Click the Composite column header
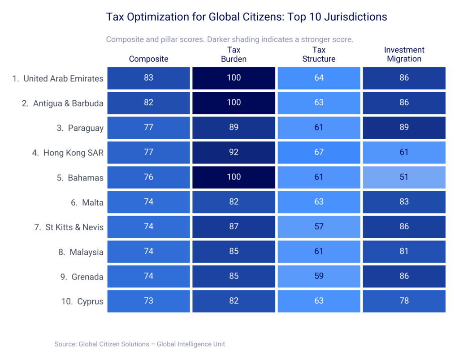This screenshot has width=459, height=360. (148, 59)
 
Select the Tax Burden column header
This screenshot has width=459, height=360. (234, 54)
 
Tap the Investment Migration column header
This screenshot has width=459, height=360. (404, 54)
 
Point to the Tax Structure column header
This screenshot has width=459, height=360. (319, 54)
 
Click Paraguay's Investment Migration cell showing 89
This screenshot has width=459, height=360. (404, 128)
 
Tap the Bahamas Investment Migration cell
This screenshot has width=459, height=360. (404, 177)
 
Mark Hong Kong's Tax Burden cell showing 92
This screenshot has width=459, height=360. (234, 153)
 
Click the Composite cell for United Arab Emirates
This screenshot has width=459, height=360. (148, 78)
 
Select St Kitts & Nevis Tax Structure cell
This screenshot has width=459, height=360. (319, 227)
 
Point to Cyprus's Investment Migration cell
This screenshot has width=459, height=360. (404, 301)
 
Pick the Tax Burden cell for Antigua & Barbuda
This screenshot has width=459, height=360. (234, 103)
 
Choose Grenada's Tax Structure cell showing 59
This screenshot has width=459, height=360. (319, 276)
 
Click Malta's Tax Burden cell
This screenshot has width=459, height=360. (234, 202)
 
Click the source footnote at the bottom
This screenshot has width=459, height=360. (140, 344)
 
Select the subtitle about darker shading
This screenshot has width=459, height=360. (229, 39)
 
